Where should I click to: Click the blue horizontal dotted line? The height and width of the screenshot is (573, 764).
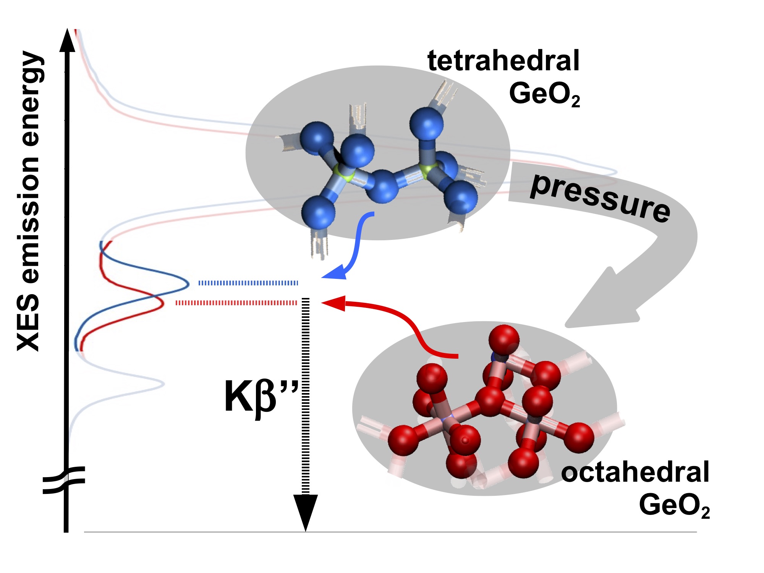click(x=248, y=283)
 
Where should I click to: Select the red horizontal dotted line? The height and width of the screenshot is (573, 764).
click(x=236, y=303)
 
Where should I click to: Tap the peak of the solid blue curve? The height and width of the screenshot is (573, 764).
click(x=188, y=284)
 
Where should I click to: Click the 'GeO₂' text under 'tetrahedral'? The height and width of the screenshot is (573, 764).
click(x=545, y=94)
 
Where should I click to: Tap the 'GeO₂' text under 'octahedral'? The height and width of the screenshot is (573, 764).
click(x=674, y=505)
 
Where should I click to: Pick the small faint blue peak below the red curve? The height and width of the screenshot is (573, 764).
click(x=163, y=384)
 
